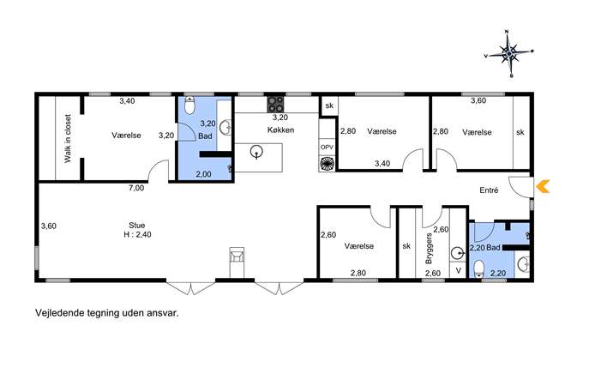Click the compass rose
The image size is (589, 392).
509,54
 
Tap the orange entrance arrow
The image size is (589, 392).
543,186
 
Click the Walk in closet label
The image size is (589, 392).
68,138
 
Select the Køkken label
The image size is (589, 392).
280,130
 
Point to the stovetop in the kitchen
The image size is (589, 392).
275,105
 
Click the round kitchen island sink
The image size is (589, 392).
256,152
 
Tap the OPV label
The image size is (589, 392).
327,148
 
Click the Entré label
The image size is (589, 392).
489,190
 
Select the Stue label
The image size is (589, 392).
136,225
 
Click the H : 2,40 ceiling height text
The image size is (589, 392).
137,234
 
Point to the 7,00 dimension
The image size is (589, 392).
136,188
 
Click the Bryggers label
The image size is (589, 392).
429,248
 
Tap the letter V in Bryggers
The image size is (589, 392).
458,270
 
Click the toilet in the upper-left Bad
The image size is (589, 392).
189,106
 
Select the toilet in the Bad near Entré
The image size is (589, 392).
479,268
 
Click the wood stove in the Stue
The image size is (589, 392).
237,256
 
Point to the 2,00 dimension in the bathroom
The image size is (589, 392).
203,174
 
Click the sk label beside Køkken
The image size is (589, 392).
329,106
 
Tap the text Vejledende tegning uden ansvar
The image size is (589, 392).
107,313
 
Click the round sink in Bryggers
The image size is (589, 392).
457,254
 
